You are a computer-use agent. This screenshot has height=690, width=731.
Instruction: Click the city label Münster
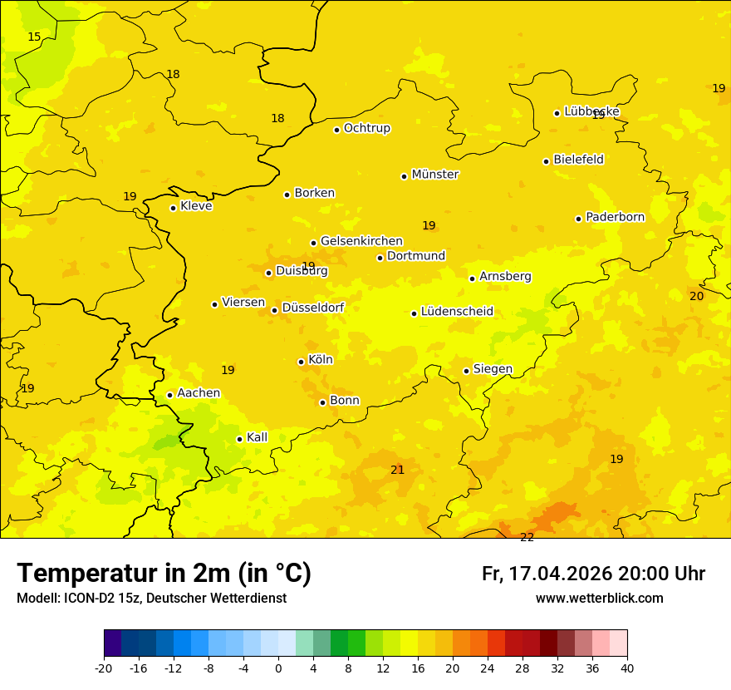tap(434, 175)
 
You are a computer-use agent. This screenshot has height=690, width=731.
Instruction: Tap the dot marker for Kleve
tap(173, 208)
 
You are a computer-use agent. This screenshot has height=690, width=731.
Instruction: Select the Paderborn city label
tap(615, 217)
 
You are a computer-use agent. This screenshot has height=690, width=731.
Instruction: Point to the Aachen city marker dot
tap(169, 395)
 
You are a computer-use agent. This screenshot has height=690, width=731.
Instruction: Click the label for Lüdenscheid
tap(457, 312)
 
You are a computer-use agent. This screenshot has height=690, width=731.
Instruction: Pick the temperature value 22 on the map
tap(527, 537)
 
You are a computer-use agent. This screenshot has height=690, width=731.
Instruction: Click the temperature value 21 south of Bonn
tap(397, 470)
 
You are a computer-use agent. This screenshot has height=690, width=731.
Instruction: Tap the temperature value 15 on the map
tap(34, 37)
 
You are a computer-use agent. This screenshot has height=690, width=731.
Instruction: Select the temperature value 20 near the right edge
tap(696, 296)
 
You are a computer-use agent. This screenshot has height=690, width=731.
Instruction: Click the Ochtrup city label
tap(366, 128)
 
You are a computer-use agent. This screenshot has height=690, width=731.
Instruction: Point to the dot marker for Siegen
tap(466, 371)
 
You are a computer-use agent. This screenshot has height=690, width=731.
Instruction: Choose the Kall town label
tap(257, 437)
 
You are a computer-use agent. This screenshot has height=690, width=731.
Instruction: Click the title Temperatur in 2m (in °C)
tap(164, 573)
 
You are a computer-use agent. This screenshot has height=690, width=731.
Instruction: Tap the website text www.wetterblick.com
tap(599, 599)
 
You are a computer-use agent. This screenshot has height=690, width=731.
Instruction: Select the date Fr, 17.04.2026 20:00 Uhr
tap(593, 574)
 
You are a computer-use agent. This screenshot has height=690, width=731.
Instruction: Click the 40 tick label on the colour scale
tap(627, 668)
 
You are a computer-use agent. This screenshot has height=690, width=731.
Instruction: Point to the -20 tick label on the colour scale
tap(104, 668)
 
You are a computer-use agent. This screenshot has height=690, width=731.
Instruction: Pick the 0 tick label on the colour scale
tap(278, 668)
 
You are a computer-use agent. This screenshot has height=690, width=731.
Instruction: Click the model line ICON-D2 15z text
tap(151, 599)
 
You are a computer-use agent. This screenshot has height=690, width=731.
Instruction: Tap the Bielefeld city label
tap(578, 159)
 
